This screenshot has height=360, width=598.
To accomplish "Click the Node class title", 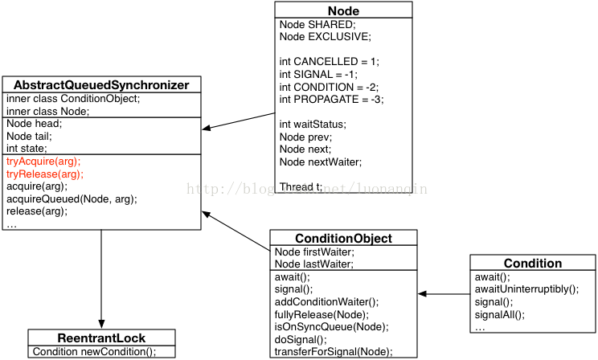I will [343, 10].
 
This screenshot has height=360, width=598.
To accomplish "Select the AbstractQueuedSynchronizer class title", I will [101, 85].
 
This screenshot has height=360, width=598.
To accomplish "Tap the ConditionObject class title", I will [343, 239].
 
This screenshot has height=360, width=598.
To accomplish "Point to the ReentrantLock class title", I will [101, 337].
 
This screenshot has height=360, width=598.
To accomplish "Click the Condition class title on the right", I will [532, 264].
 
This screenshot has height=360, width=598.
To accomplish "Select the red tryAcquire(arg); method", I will [43, 162].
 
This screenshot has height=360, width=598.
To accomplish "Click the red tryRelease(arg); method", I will [45, 174].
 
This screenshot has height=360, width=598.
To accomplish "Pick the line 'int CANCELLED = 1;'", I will [329, 62].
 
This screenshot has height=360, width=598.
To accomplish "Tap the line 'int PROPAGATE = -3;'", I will [331, 100].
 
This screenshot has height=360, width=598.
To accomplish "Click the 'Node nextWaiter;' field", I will [320, 162].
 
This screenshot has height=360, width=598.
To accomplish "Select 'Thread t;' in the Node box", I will [301, 187].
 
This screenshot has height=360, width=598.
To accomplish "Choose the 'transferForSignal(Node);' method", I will [334, 351].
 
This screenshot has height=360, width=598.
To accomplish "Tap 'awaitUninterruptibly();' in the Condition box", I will [526, 289].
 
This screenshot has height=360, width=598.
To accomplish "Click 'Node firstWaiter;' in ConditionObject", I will [314, 252].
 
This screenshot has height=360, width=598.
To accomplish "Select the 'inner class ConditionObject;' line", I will [73, 99].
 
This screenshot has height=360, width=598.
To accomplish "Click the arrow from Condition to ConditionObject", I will [444, 294].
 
